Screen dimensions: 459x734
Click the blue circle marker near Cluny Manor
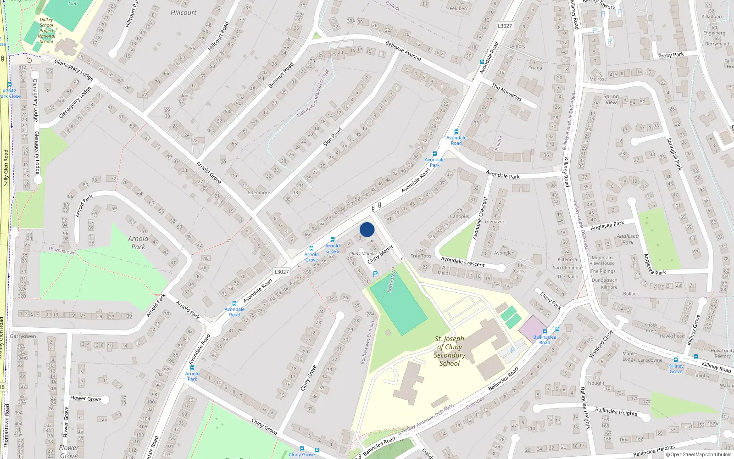point(367,229)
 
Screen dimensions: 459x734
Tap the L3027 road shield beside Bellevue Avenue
point(505,26)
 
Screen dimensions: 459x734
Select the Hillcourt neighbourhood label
point(183,12)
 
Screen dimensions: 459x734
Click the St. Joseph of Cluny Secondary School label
point(450,351)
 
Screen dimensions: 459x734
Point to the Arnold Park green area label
point(138,242)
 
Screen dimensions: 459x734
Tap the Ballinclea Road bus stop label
point(545,340)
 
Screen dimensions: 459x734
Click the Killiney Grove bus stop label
point(676,369)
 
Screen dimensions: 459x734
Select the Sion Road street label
point(333,137)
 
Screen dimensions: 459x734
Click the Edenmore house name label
point(259,192)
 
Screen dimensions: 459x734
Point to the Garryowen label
point(23,336)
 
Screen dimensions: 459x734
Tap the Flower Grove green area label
point(68,451)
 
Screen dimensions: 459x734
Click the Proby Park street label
point(671,55)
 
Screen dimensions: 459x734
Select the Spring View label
point(611,99)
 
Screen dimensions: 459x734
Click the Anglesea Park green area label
point(628,239)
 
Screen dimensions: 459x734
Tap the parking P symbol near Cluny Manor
point(375,274)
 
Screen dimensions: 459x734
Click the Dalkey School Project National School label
point(46,31)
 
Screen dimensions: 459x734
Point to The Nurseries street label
point(506,92)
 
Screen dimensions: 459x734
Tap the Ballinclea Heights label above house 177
point(616,411)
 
